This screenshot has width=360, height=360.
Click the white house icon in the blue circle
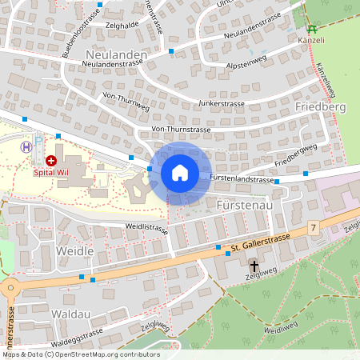(x=180, y=172)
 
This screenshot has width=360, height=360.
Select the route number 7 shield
(x=314, y=229)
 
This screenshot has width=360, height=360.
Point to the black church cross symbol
(x=255, y=266)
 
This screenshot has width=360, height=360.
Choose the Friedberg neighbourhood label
(x=319, y=106)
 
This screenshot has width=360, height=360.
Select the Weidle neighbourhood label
(x=75, y=251)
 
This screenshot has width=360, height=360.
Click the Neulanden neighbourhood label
(x=114, y=54)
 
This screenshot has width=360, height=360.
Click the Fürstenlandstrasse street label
(x=242, y=178)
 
